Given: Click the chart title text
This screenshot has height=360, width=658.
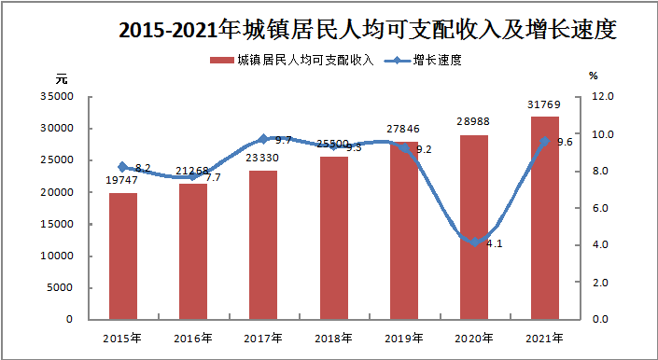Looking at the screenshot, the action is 368,29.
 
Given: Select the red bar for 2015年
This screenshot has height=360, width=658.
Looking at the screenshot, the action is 123,256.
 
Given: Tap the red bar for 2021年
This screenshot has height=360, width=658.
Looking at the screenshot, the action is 545,218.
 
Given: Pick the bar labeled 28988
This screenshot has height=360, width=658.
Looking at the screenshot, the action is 474,228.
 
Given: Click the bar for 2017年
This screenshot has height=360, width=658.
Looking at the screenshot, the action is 263,245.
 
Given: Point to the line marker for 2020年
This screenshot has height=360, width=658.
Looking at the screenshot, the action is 475,242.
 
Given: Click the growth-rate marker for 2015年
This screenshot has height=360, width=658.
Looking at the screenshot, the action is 123,167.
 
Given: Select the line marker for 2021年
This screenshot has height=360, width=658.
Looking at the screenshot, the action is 545,141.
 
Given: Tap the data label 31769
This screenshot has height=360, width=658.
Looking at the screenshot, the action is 545,104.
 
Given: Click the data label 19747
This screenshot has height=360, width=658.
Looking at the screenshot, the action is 121,181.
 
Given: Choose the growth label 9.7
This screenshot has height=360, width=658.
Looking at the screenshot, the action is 283,140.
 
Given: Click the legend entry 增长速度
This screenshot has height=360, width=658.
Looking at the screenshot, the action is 423,61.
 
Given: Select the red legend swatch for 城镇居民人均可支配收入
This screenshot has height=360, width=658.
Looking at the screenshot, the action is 221,61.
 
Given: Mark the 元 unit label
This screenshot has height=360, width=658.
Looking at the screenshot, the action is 62,78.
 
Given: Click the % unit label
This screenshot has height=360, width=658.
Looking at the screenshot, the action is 593,76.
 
